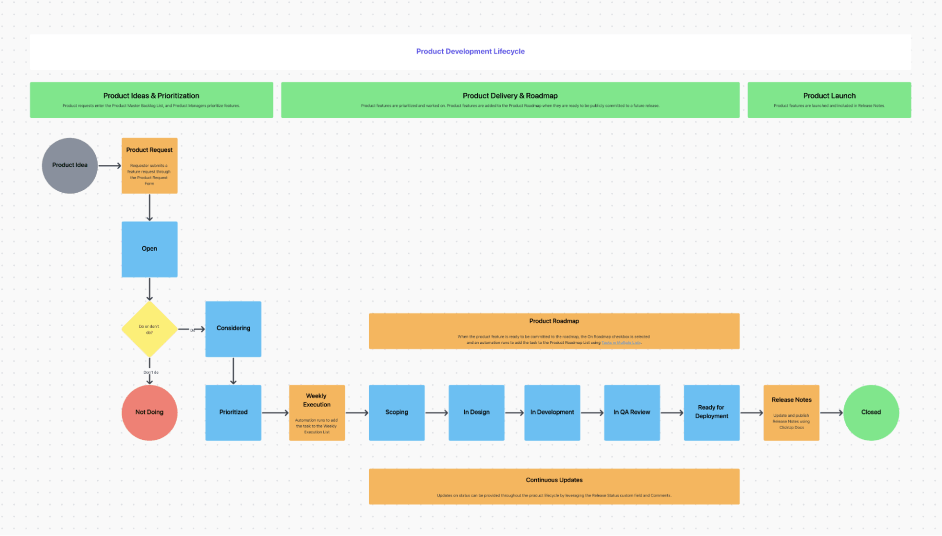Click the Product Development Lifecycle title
coord(470,51)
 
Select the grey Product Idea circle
coord(70,165)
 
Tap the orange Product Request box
coord(149,166)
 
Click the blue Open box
coord(149,249)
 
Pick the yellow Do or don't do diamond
coord(149,329)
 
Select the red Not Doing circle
coord(149,412)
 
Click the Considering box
coord(233,329)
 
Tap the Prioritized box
coord(233,412)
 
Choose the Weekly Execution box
coord(316,412)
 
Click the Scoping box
coord(396,412)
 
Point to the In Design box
coord(476,412)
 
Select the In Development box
coord(552,412)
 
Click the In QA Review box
coord(631,412)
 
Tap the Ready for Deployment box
coord(711,412)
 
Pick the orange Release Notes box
coord(791,412)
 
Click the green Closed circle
coord(871,412)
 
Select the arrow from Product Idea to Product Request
coord(109,166)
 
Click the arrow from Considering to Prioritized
coord(233,371)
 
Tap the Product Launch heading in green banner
coord(829,96)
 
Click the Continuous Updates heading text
coord(554,480)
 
